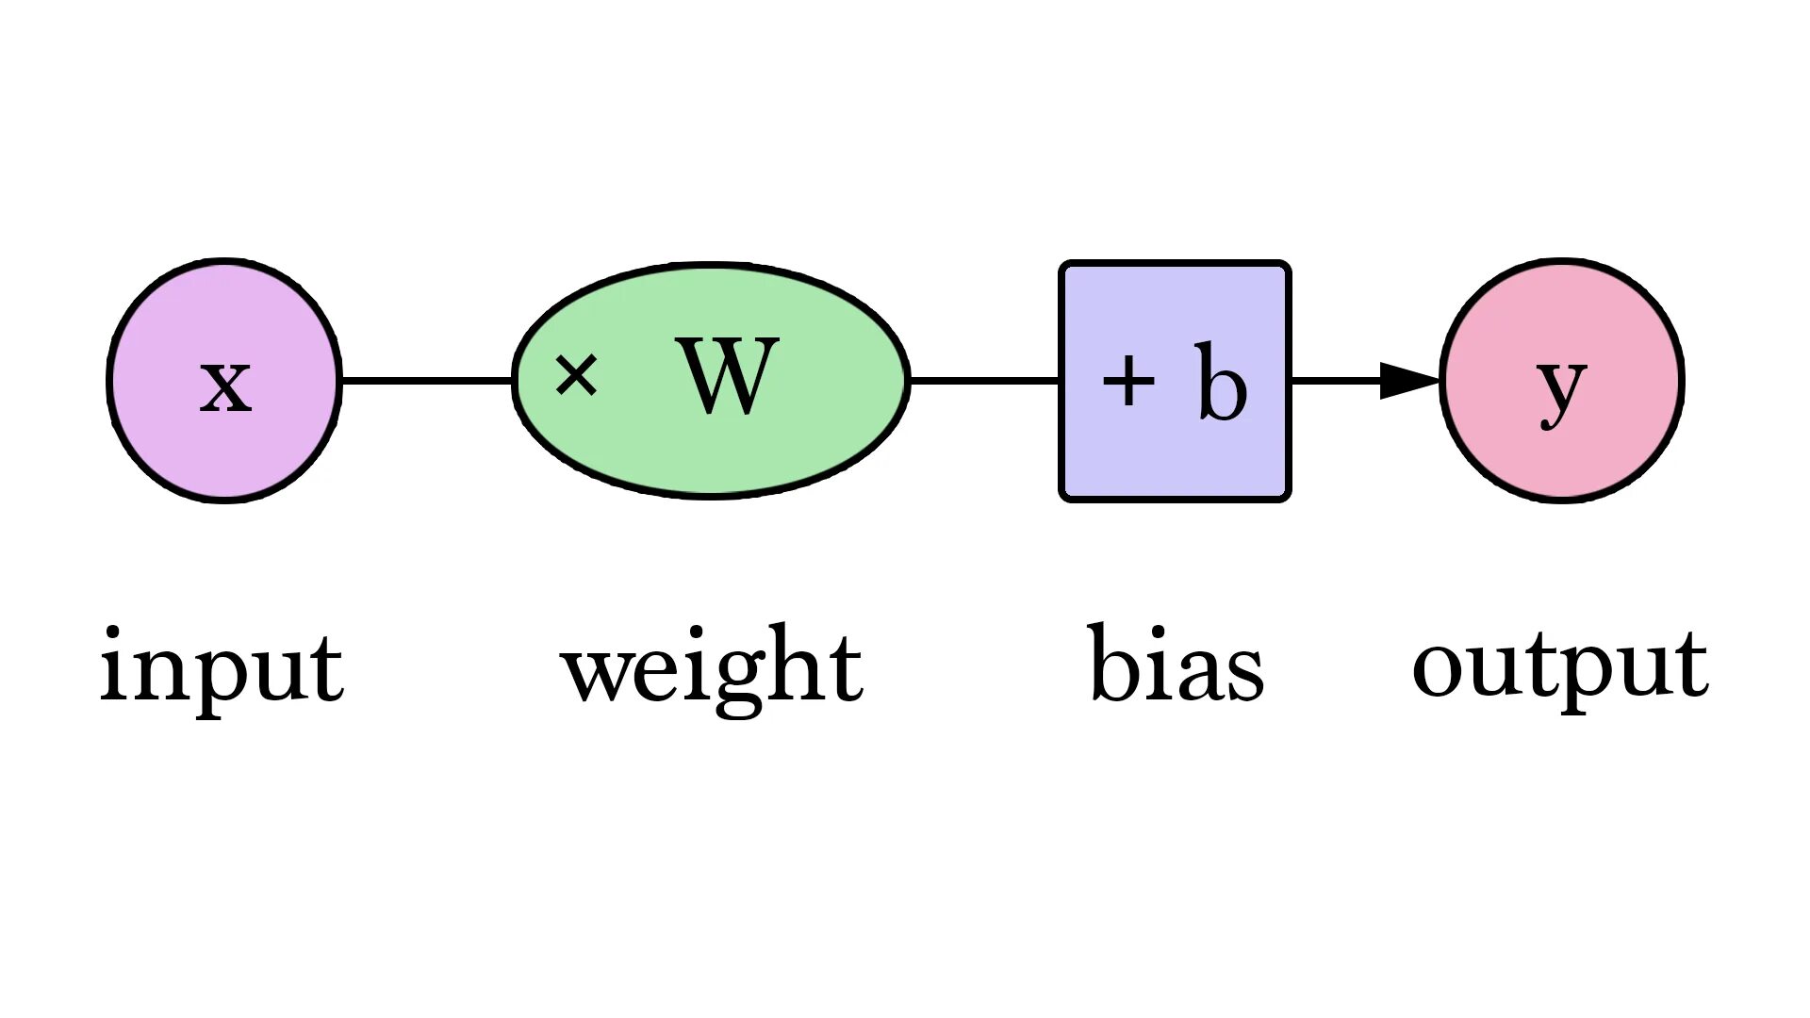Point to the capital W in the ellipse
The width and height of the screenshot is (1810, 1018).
[728, 376]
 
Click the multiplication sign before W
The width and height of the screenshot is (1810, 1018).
[576, 374]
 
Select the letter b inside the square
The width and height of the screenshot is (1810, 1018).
[1221, 382]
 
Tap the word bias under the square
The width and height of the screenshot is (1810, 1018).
[1176, 665]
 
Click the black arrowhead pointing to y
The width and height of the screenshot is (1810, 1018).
[1409, 381]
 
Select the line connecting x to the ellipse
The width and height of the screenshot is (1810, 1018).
[426, 381]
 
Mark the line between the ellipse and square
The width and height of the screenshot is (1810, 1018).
[984, 381]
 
